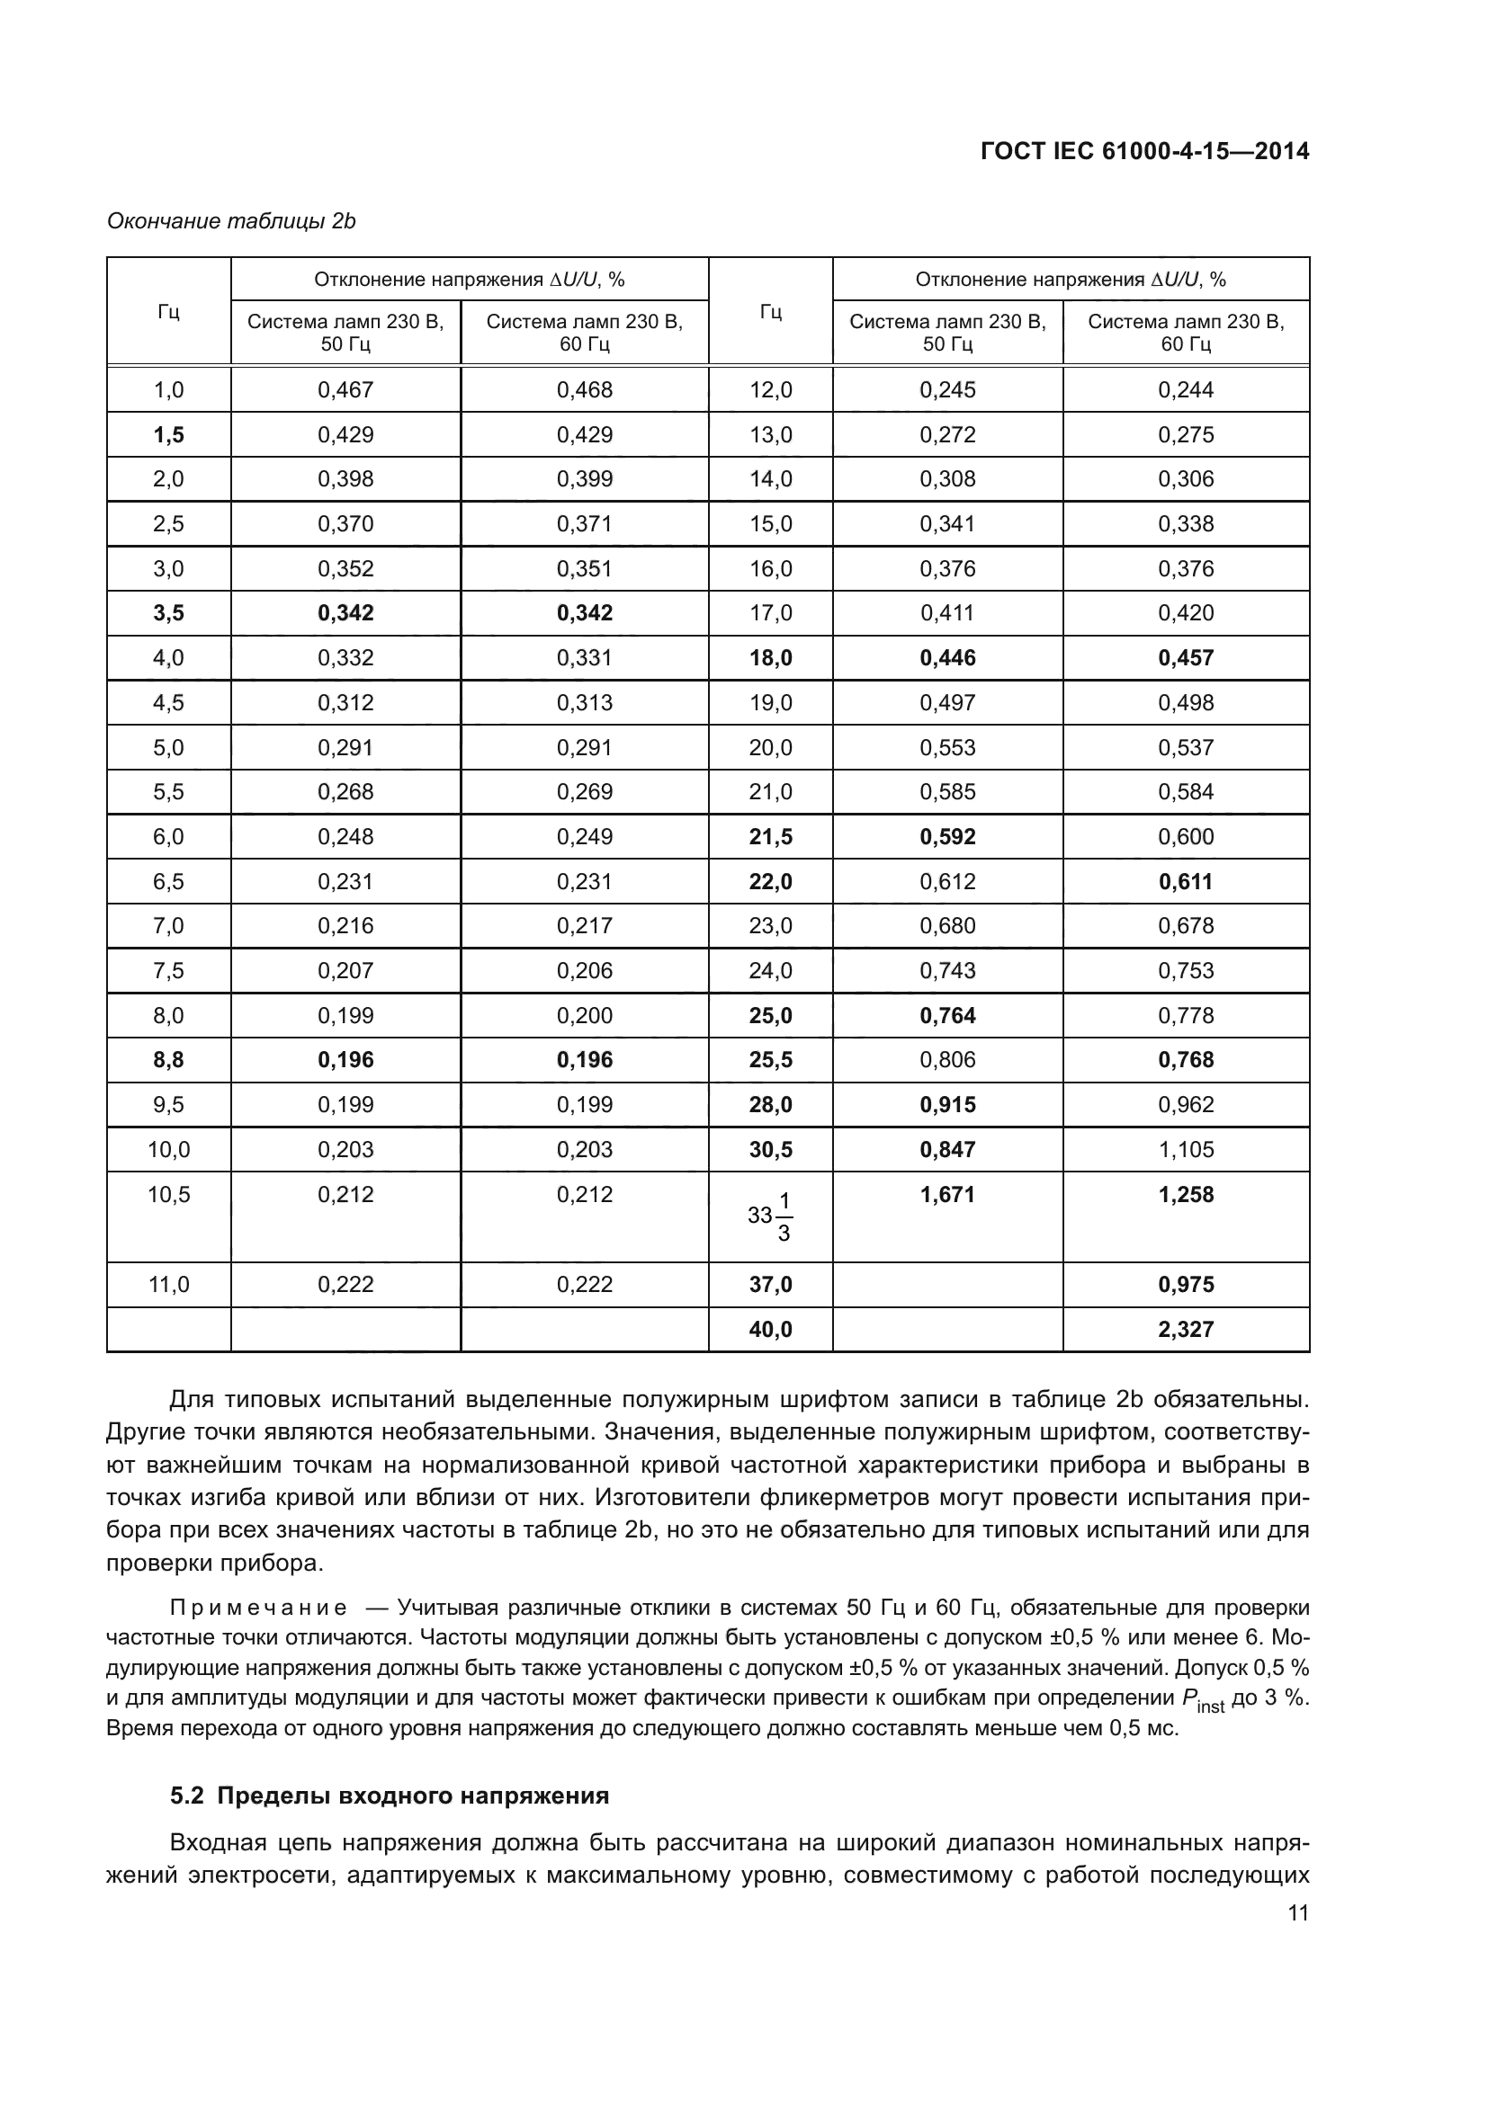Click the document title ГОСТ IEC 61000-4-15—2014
(x=1143, y=151)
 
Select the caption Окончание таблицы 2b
(x=231, y=221)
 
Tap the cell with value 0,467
(x=345, y=389)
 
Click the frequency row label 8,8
(x=168, y=1060)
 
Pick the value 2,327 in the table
(x=1185, y=1329)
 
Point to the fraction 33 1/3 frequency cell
(x=770, y=1216)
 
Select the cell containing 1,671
(x=947, y=1194)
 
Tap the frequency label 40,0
(x=770, y=1329)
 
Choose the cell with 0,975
(x=1185, y=1284)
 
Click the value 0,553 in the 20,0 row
(x=947, y=747)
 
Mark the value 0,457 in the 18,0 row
(x=1185, y=657)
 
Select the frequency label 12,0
(x=770, y=389)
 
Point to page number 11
(x=1297, y=1912)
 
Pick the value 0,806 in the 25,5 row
(x=947, y=1060)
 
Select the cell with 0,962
(x=1185, y=1105)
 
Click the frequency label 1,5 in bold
(x=168, y=434)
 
